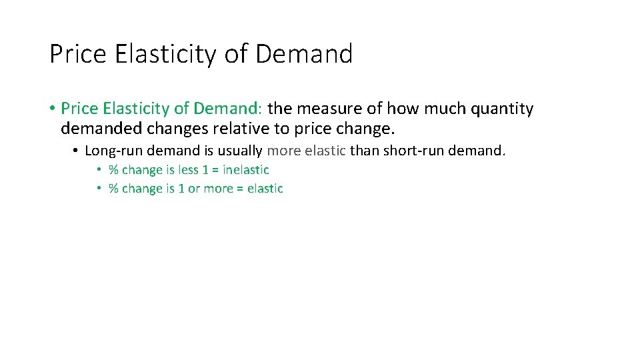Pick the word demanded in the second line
click(x=93, y=127)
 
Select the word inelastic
click(x=246, y=170)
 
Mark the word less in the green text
click(x=189, y=170)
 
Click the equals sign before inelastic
click(x=215, y=171)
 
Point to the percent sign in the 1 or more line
click(x=113, y=189)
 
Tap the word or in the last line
click(x=193, y=189)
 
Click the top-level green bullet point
click(x=52, y=109)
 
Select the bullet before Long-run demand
click(x=76, y=151)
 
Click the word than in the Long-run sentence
click(x=365, y=151)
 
